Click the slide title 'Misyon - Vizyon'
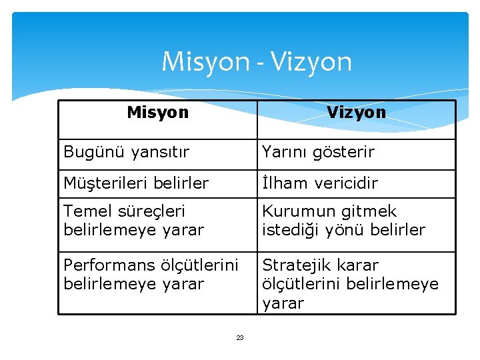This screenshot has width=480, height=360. tap(257, 62)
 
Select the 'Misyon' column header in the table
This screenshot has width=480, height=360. tap(157, 112)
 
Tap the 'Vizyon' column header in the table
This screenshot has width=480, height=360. tap(356, 112)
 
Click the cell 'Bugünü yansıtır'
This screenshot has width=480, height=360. tap(127, 152)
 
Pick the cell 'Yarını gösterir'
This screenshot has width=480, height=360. tap(319, 152)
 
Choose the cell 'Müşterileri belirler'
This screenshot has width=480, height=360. tap(136, 183)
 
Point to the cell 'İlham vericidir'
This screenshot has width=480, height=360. tap(320, 183)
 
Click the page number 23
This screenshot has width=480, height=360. tap(240, 338)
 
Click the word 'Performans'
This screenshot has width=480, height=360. tap(109, 265)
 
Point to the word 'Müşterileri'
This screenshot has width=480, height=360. tap(106, 183)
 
